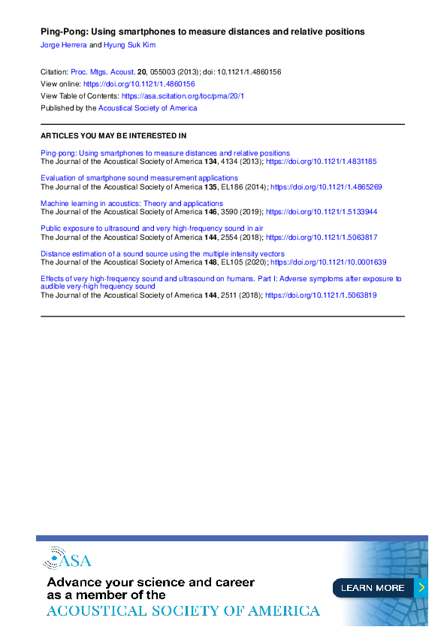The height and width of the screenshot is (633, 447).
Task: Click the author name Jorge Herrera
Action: coord(63,45)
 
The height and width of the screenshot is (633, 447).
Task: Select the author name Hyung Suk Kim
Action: coord(129,45)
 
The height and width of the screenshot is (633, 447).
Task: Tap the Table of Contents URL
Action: coord(183,96)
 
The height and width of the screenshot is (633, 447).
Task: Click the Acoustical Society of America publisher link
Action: coord(148,108)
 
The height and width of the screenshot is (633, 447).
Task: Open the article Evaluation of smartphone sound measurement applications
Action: coord(139,178)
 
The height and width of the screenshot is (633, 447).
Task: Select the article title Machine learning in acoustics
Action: coord(131,204)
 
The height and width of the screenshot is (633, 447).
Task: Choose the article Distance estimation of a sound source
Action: coord(162,254)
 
